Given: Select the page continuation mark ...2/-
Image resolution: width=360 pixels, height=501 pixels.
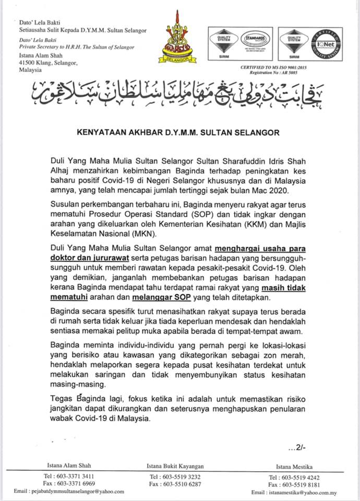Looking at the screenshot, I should coord(298,448).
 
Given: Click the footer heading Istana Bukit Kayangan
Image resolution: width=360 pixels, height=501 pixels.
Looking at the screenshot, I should coord(174,466).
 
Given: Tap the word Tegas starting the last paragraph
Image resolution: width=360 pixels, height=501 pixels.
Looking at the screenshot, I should coord(62,398).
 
